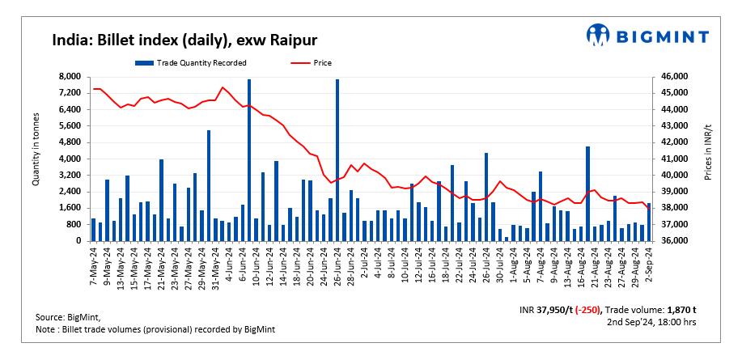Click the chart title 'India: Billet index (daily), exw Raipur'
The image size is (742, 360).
pyautogui.click(x=184, y=39)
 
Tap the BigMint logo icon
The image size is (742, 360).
pyautogui.click(x=599, y=36)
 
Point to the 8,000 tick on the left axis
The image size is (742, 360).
pyautogui.click(x=70, y=76)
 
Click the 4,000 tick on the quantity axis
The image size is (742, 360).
pyautogui.click(x=70, y=159)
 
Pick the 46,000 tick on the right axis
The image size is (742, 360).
pyautogui.click(x=675, y=76)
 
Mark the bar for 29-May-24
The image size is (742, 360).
pyautogui.click(x=209, y=185)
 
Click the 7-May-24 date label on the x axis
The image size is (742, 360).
pyautogui.click(x=95, y=264)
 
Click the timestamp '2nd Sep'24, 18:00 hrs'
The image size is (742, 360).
pyautogui.click(x=651, y=322)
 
